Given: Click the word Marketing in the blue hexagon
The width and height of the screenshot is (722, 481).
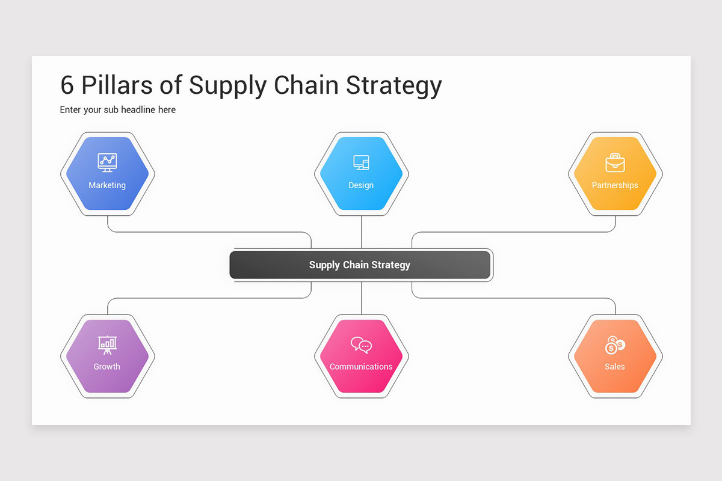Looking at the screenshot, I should tap(107, 185).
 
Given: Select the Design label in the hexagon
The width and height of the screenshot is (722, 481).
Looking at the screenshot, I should tap(361, 185).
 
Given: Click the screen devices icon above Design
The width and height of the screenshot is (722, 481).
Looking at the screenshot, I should tap(361, 162).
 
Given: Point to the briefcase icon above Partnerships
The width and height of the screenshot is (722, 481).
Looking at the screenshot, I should tap(615, 162).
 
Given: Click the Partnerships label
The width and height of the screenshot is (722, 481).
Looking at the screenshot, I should tap(615, 185).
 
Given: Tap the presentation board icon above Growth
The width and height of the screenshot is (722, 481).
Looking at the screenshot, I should tap(107, 344).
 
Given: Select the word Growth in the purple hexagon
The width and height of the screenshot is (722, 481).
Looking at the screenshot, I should tap(107, 367).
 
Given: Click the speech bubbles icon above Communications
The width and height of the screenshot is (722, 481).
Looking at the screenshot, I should tap(361, 345).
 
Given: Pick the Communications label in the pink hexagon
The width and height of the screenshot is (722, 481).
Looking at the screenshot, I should tap(361, 367).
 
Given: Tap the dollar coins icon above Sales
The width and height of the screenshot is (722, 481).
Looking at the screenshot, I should tap(615, 345).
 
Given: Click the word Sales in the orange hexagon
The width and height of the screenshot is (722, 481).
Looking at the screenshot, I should tap(615, 367).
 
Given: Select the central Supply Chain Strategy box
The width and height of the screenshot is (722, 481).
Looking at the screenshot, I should tap(360, 265).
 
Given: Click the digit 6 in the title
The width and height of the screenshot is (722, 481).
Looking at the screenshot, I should tap(67, 86).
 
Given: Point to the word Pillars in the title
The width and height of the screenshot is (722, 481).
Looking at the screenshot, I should tap(117, 86).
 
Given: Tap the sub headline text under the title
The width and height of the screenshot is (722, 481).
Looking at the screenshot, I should tap(118, 110).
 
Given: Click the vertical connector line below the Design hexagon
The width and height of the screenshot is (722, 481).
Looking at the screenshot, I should tap(362, 231).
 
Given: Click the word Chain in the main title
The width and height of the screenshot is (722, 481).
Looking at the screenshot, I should tap(306, 86).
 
